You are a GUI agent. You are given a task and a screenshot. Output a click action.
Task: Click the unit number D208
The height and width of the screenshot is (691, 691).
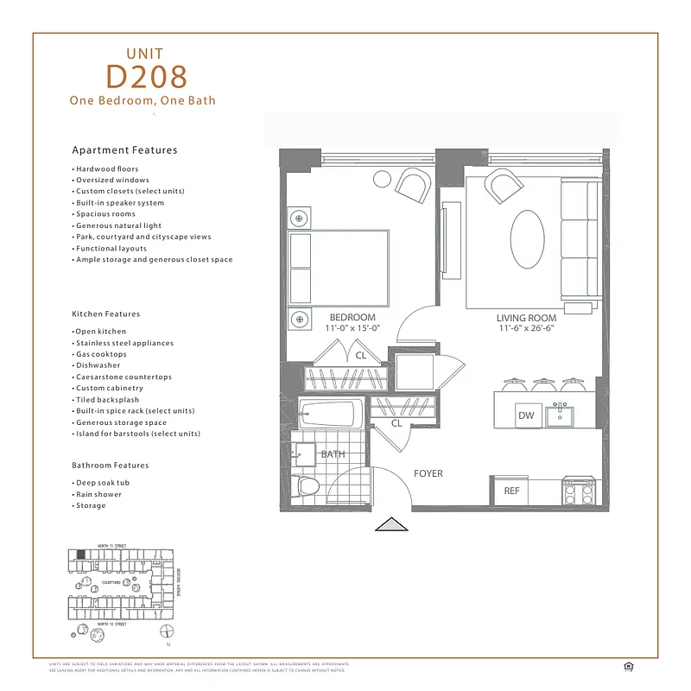[146, 77]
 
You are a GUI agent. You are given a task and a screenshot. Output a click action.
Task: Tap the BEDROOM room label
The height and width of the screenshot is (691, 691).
[352, 317]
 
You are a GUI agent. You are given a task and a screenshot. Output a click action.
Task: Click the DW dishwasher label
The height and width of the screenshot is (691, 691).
[526, 416]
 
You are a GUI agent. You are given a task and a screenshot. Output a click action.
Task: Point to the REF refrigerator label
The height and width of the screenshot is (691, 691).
[511, 491]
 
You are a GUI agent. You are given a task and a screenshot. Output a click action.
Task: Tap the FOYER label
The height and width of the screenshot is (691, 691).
[428, 473]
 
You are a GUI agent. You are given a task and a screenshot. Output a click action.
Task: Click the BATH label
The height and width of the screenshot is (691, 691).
[333, 453]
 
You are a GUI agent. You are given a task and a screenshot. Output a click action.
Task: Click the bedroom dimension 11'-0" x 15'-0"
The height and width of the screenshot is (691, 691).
[352, 329]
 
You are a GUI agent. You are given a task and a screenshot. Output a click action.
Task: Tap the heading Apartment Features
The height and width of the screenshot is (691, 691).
[124, 150]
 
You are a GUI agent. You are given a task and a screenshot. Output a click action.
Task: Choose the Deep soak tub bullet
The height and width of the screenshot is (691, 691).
[99, 483]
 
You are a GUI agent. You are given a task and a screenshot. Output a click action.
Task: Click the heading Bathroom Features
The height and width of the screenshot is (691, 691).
[111, 466]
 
